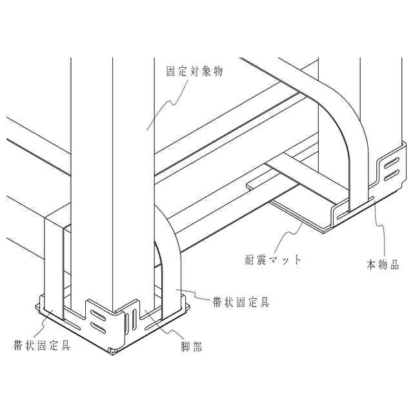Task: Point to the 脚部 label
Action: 192,347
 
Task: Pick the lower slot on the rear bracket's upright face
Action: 390,174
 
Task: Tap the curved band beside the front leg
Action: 172,258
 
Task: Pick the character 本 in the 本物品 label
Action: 371,265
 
